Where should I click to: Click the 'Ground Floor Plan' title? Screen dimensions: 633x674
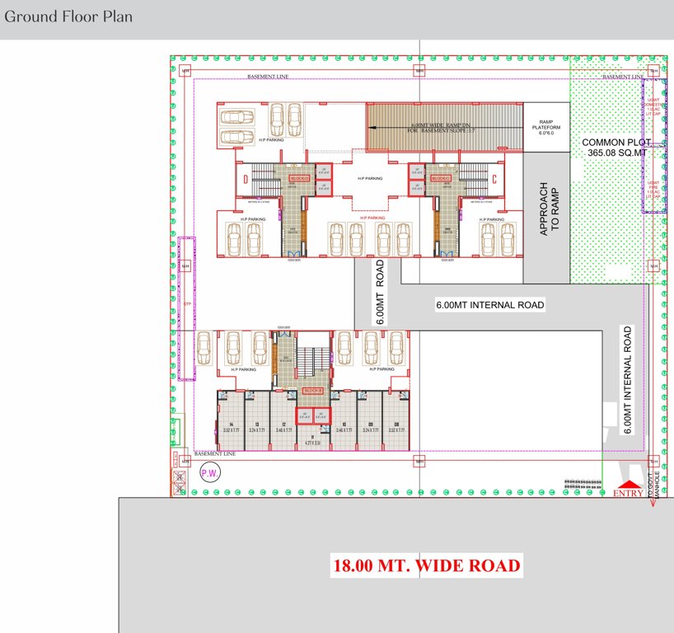coord(68,16)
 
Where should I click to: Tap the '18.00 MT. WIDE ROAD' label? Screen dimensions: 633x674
coord(426,566)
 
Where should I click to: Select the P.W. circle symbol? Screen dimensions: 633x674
coord(209,472)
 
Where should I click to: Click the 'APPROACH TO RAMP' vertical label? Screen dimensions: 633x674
coord(549,209)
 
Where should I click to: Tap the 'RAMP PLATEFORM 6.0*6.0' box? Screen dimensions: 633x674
coord(545,127)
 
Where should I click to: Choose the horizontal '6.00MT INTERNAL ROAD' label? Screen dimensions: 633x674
coord(490,305)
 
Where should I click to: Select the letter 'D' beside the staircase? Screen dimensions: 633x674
coord(245,178)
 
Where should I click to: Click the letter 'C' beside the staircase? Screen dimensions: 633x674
coord(494,178)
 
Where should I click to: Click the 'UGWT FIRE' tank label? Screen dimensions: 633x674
coord(653,187)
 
